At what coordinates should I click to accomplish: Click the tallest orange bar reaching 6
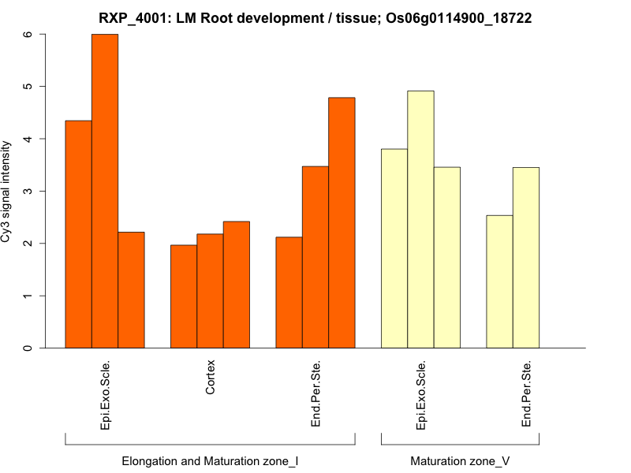(105, 191)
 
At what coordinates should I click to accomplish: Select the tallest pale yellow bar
(420, 219)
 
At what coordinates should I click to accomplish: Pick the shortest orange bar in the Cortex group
(184, 296)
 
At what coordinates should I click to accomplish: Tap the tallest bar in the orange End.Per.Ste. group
(342, 222)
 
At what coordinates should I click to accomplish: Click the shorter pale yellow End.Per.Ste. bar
(499, 281)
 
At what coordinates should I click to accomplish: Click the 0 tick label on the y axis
(29, 348)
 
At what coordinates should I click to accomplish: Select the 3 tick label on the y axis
(29, 191)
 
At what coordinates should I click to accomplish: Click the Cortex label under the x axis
(211, 378)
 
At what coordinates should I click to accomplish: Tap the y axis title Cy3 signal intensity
(7, 191)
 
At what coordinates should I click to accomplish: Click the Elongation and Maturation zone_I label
(210, 460)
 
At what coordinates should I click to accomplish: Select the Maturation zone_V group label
(460, 460)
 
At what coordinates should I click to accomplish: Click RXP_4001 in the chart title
(133, 17)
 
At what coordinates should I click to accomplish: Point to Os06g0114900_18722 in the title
(458, 17)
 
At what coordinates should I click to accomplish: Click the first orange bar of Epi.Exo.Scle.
(78, 234)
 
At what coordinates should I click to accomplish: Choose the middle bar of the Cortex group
(210, 291)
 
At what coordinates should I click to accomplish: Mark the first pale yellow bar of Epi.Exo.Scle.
(394, 248)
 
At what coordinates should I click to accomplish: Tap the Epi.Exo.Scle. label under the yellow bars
(421, 394)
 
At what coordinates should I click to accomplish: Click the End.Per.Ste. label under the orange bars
(315, 394)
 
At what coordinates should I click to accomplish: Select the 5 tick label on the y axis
(29, 86)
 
